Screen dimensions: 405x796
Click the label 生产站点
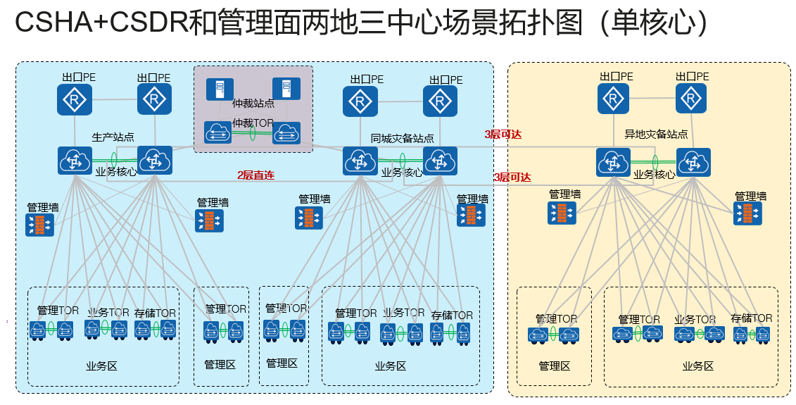[x=113, y=137]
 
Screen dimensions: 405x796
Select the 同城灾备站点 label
[x=403, y=139]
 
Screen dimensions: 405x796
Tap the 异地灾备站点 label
[x=656, y=134]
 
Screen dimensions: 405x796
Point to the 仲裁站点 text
[x=253, y=104]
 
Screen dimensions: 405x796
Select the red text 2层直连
[x=255, y=174]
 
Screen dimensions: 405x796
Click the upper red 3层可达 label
[x=503, y=134]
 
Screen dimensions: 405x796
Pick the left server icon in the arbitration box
[x=220, y=89]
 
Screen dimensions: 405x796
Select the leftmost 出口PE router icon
[x=75, y=99]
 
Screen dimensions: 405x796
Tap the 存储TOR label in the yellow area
[x=751, y=318]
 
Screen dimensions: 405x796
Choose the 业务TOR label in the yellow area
[x=695, y=320]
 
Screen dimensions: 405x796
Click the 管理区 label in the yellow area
[x=554, y=366]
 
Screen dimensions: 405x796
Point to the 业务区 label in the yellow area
[x=697, y=366]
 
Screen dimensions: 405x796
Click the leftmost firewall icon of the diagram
[x=39, y=225]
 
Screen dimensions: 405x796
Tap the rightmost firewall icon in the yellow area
[x=747, y=213]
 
